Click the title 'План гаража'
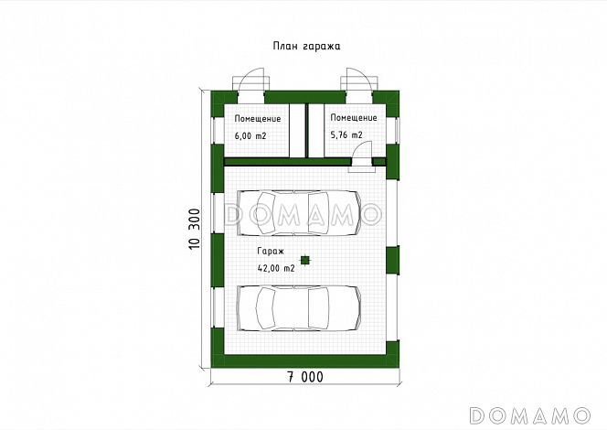tap(306, 46)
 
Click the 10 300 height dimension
tap(195, 229)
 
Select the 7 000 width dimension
tap(305, 377)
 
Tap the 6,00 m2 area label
tap(250, 136)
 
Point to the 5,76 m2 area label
tap(346, 134)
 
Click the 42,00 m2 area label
tap(276, 268)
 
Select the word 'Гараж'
tap(271, 251)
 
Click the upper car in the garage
tap(299, 213)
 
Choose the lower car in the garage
tap(299, 308)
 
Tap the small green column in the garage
tap(306, 260)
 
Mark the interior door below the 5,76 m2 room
tap(362, 156)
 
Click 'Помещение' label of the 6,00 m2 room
tap(258, 119)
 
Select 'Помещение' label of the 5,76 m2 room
tap(354, 118)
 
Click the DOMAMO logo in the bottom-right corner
tap(529, 415)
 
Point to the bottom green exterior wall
tap(305, 361)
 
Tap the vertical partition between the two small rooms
tap(306, 131)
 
